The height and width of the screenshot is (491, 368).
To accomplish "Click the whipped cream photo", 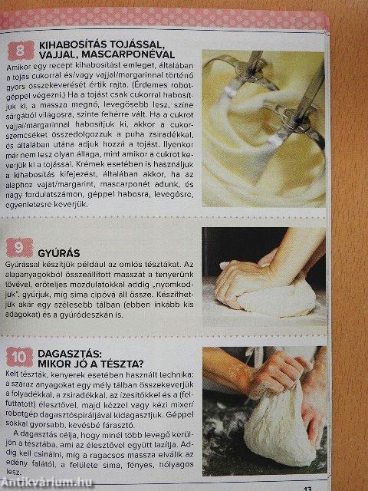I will (x=261, y=130).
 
